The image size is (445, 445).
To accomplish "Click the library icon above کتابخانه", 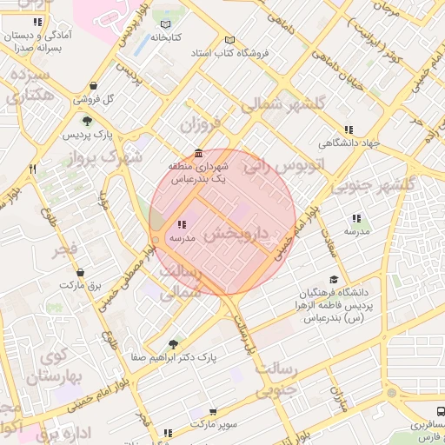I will [x=166, y=24].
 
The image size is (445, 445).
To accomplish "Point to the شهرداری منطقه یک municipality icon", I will [x=200, y=152].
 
